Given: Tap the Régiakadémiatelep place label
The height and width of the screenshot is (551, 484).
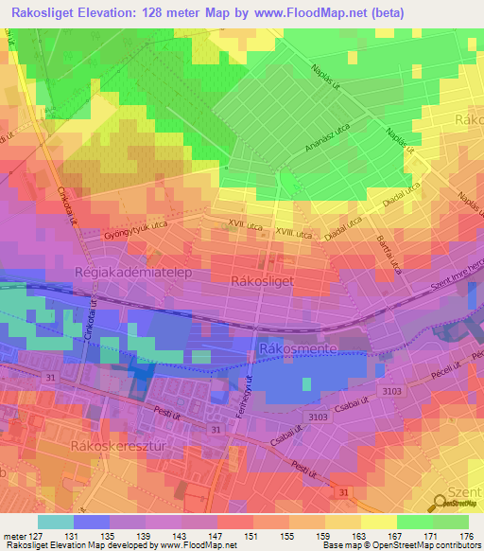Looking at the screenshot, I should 129,273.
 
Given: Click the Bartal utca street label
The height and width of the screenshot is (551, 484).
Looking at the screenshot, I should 389,253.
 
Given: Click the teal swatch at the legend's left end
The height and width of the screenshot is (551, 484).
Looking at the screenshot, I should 56,521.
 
